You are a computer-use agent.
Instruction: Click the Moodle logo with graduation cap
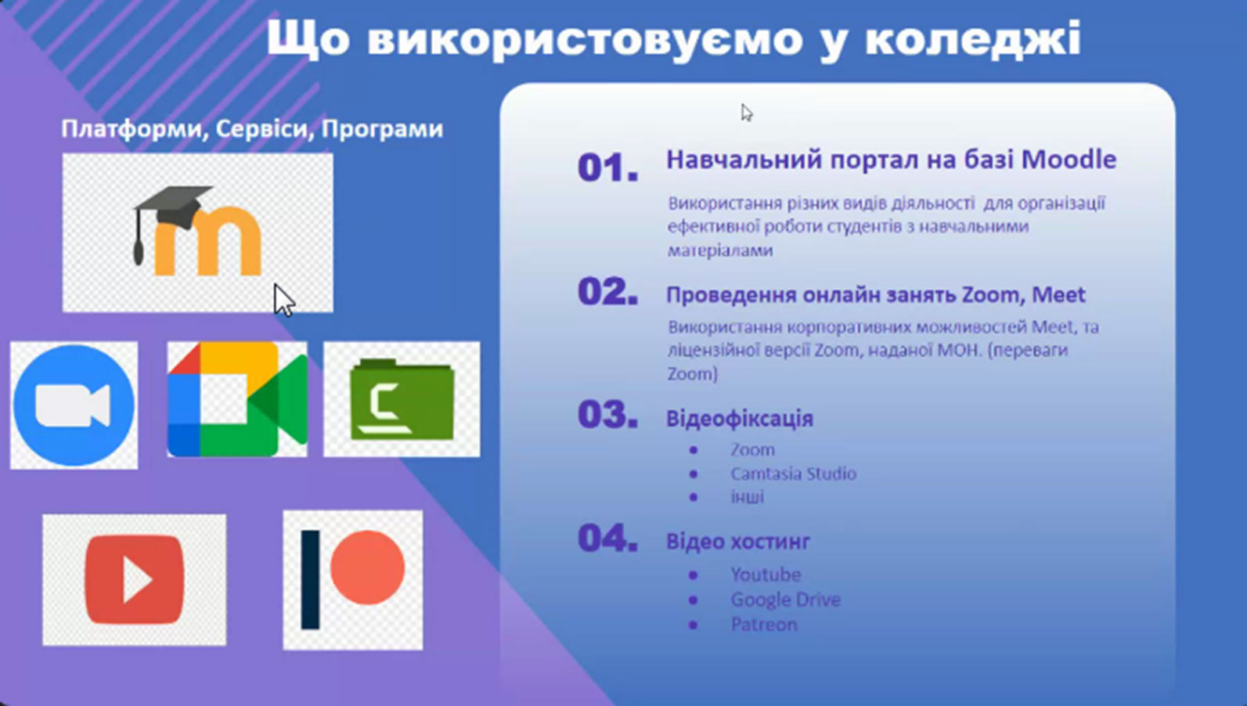point(197,231)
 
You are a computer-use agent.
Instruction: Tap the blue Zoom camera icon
point(74,405)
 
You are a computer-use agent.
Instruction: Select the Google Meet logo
point(237,399)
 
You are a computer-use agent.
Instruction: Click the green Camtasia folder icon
point(402,399)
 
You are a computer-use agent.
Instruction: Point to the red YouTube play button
point(134,580)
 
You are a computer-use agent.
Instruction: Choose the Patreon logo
point(353,580)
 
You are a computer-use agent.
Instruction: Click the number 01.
point(608,167)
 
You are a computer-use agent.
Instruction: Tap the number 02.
point(608,291)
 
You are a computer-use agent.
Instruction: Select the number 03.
point(608,415)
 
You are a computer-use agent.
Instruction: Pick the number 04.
point(608,539)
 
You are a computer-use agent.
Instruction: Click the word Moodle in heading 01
point(1069,160)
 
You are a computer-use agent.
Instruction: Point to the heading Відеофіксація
point(740,419)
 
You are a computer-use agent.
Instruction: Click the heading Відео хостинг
point(738,541)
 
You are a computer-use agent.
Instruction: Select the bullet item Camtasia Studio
point(793,474)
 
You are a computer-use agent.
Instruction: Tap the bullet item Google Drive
point(785,600)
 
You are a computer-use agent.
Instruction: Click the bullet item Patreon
point(764,625)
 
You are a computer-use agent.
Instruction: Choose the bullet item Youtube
point(766,575)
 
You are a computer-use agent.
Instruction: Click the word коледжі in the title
point(972,38)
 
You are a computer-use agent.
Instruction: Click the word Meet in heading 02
point(1058,294)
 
